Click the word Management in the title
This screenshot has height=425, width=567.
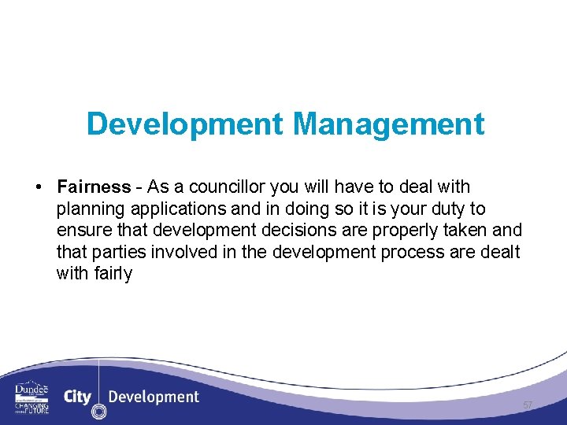click(388, 124)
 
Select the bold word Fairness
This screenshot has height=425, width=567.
click(93, 187)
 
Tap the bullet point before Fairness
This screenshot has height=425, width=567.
click(38, 187)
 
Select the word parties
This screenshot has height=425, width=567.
click(112, 252)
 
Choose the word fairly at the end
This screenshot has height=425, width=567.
click(115, 273)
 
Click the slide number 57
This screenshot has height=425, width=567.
click(528, 405)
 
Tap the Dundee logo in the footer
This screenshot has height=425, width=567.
click(31, 397)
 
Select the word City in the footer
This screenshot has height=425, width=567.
click(77, 396)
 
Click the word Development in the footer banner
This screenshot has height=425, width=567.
click(154, 396)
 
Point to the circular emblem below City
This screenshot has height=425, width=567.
click(98, 412)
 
